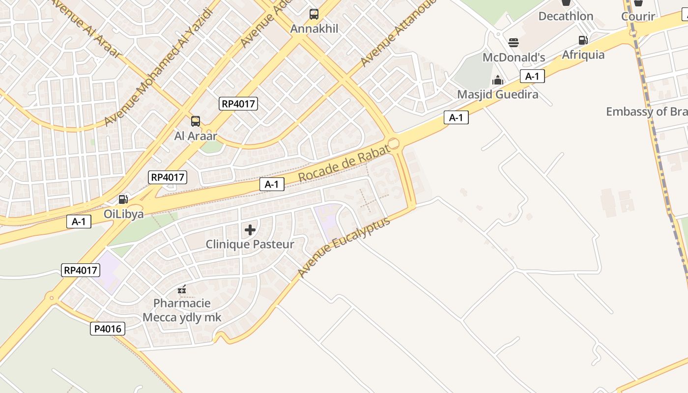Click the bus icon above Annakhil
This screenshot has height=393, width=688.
314,14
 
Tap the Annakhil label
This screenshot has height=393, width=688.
315,28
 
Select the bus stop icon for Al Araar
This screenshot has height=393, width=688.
196,121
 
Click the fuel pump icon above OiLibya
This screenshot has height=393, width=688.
123,199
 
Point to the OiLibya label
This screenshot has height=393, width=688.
124,214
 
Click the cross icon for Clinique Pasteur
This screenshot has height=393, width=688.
250,229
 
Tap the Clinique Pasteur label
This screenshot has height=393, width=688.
250,244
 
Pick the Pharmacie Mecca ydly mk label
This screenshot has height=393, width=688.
182,310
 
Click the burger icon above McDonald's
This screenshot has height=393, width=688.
514,43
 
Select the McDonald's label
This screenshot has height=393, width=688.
514,57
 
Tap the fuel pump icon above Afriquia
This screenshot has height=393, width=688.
583,40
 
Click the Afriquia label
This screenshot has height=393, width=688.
583,55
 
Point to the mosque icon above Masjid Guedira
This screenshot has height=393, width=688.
498,80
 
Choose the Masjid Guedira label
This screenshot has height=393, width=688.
498,94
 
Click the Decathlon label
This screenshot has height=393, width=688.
566,16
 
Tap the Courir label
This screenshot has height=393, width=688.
638,17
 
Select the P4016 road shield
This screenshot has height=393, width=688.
108,329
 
